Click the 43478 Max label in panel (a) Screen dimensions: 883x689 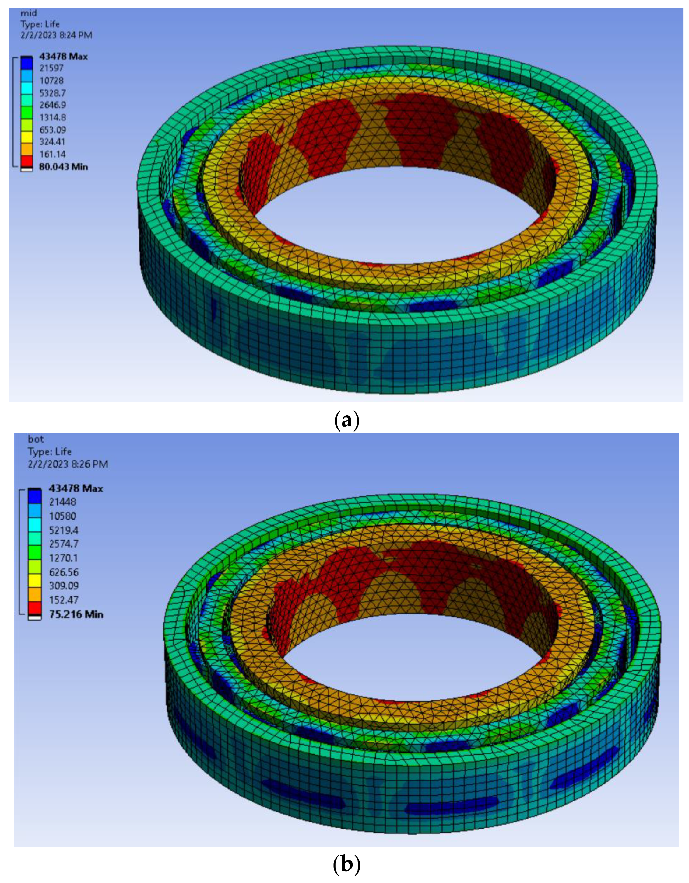63,56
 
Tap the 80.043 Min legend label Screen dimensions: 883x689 63,167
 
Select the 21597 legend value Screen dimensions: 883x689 51,68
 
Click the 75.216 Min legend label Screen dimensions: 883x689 76,614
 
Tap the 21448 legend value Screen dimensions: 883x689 62,502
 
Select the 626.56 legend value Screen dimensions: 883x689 64,572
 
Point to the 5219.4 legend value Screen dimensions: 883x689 64,530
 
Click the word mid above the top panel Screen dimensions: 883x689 28,13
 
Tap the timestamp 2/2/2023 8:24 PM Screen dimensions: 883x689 56,35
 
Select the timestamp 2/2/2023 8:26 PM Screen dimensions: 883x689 68,464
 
